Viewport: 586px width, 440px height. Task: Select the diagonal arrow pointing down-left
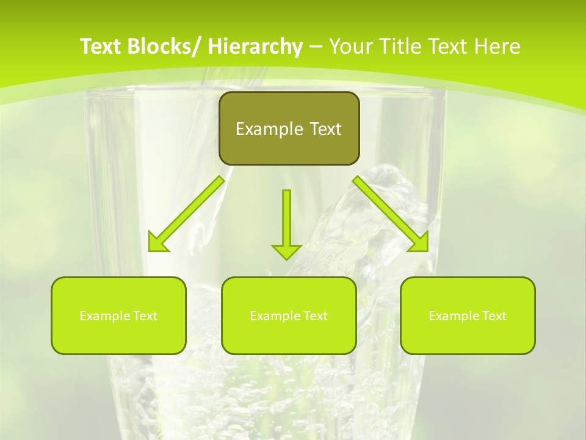point(189,211)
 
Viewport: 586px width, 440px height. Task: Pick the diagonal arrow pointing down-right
point(388,211)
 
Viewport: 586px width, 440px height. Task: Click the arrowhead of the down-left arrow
point(157,243)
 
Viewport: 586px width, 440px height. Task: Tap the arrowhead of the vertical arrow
point(286,251)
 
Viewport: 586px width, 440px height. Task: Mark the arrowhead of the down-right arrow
point(419,243)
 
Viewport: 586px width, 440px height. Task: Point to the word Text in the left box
point(145,316)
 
